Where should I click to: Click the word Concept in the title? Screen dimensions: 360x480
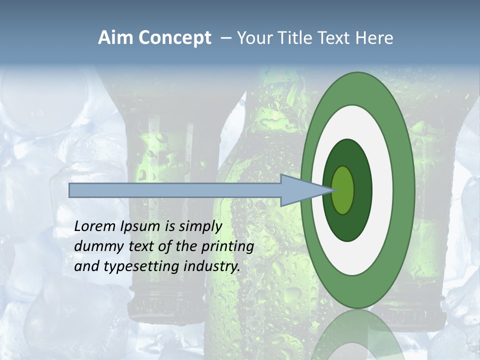point(175,38)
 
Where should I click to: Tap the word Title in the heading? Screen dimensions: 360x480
point(297,38)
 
